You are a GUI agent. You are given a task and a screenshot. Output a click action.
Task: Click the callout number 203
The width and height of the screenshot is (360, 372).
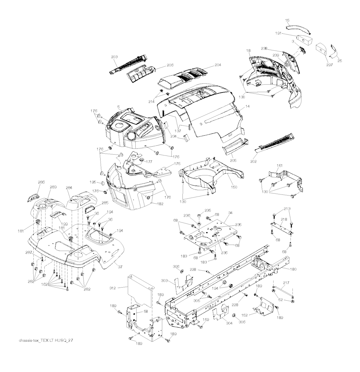(114, 57)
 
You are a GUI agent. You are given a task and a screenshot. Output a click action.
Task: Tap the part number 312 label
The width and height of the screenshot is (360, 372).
(112, 288)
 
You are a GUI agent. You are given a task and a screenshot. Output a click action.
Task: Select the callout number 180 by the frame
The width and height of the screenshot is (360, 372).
(293, 269)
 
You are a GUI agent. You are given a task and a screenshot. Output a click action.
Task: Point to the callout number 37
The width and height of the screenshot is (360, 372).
(120, 267)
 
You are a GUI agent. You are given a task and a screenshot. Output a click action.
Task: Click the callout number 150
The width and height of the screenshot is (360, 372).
(234, 187)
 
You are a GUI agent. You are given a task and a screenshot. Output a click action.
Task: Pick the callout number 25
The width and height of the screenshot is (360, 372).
(340, 61)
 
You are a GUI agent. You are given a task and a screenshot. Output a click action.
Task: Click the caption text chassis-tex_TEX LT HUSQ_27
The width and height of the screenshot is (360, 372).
(46, 340)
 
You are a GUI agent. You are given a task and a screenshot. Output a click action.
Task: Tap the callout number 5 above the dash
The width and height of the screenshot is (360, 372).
(118, 107)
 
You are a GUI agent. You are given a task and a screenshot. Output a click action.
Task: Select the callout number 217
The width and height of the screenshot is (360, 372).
(286, 283)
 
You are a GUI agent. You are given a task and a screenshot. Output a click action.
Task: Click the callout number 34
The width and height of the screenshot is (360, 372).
(230, 213)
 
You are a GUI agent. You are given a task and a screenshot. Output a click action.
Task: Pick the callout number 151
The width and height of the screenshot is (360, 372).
(280, 166)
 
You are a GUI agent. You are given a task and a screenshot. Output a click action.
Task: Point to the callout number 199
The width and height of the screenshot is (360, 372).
(64, 224)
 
